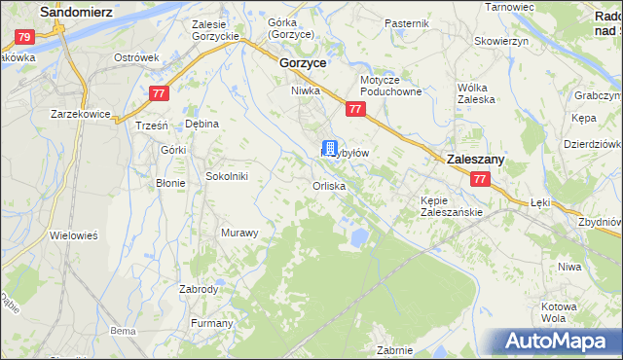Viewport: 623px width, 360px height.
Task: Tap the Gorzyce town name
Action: click(302, 61)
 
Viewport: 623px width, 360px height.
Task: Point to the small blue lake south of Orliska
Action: click(358, 235)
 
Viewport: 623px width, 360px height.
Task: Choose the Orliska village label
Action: click(329, 186)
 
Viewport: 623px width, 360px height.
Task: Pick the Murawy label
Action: click(239, 233)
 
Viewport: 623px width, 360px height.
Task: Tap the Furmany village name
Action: click(211, 323)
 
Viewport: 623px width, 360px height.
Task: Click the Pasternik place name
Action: click(406, 22)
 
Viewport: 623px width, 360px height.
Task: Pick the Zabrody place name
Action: click(199, 289)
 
